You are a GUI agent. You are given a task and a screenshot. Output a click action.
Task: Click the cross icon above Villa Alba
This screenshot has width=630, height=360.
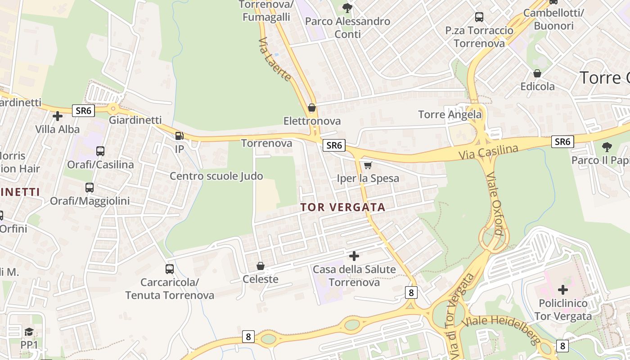[x=58, y=116]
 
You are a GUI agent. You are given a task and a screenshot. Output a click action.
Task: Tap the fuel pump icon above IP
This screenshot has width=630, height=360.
[x=179, y=135]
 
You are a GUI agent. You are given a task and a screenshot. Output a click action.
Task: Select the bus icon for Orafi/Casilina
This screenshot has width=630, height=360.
[x=100, y=151]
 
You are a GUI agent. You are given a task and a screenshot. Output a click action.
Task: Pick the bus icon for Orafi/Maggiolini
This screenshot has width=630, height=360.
[x=90, y=187]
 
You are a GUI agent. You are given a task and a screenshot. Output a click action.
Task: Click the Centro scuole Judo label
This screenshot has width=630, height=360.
[x=216, y=176]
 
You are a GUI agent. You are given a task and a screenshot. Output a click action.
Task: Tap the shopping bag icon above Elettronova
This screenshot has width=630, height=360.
[x=311, y=108]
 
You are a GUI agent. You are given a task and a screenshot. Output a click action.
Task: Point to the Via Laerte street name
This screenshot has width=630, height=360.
[x=274, y=59]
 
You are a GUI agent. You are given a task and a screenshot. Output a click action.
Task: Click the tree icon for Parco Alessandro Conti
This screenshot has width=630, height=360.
[x=347, y=8]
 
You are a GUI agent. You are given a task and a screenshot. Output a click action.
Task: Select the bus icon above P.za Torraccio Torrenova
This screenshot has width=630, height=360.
[x=479, y=17]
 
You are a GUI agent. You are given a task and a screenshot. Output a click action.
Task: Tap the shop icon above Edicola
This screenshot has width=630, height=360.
[x=537, y=73]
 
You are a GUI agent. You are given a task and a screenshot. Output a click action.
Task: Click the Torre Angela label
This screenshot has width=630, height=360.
[x=450, y=115]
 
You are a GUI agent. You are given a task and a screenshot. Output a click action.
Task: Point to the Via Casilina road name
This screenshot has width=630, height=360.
[x=489, y=152]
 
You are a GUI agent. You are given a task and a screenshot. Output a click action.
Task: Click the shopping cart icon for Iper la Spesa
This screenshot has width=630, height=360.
[x=368, y=165]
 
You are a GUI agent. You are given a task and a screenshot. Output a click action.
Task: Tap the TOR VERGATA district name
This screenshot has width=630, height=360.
[x=343, y=207]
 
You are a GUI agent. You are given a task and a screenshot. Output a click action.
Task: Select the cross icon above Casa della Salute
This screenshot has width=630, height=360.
[x=354, y=256]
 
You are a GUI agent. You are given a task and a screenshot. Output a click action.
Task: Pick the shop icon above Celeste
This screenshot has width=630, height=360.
[x=260, y=266]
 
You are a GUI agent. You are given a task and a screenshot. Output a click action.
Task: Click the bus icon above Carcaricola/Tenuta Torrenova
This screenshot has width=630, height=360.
[x=170, y=269]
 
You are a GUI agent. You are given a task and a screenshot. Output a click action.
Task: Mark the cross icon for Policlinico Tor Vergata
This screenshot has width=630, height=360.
[x=563, y=290]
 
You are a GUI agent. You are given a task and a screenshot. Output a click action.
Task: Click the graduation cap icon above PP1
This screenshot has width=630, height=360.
[x=29, y=332]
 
